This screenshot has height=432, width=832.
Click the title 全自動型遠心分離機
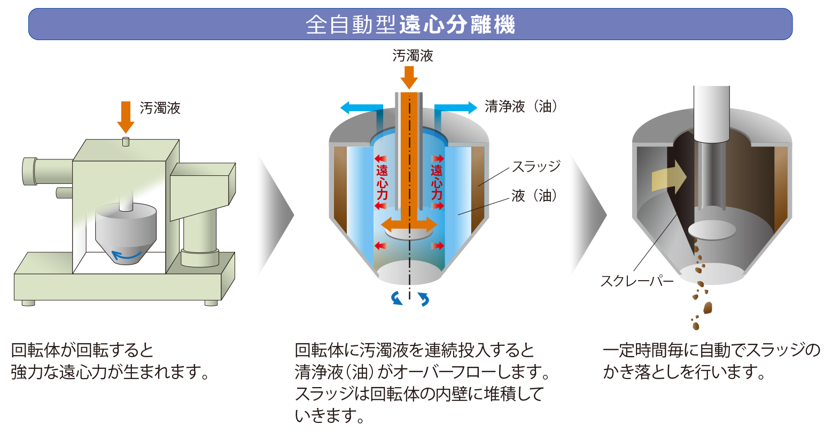(x=410, y=25)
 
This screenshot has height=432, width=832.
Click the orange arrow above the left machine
(x=126, y=117)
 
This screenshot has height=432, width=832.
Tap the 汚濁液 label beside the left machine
(x=160, y=109)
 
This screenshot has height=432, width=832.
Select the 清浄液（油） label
(x=521, y=106)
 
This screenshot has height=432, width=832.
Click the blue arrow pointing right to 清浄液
(x=457, y=107)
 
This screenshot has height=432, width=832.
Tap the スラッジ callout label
(x=536, y=166)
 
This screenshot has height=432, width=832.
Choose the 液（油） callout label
(x=534, y=196)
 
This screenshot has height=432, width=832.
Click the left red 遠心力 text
(x=382, y=182)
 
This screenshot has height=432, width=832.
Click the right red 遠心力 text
(x=437, y=182)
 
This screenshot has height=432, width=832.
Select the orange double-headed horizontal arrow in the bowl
(x=409, y=224)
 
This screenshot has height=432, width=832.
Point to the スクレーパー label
(x=636, y=281)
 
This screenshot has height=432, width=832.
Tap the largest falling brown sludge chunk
(x=708, y=307)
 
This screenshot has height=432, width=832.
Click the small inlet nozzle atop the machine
(x=126, y=141)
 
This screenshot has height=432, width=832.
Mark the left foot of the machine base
(x=28, y=303)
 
